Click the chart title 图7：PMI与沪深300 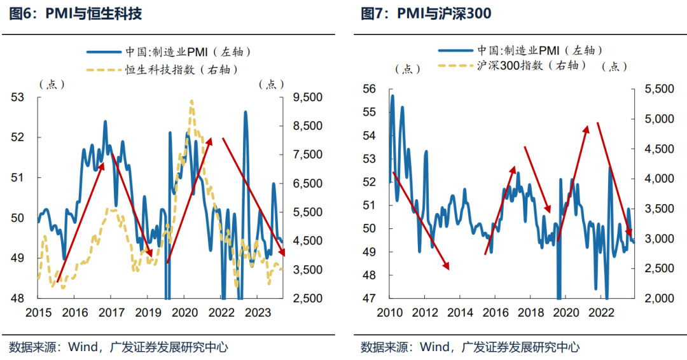click(426, 13)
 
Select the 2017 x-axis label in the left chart click(111, 313)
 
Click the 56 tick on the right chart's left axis click(369, 89)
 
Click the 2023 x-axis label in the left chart click(258, 313)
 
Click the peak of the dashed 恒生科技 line click(191, 100)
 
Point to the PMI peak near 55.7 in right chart click(392, 96)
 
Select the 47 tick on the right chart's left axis click(369, 298)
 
